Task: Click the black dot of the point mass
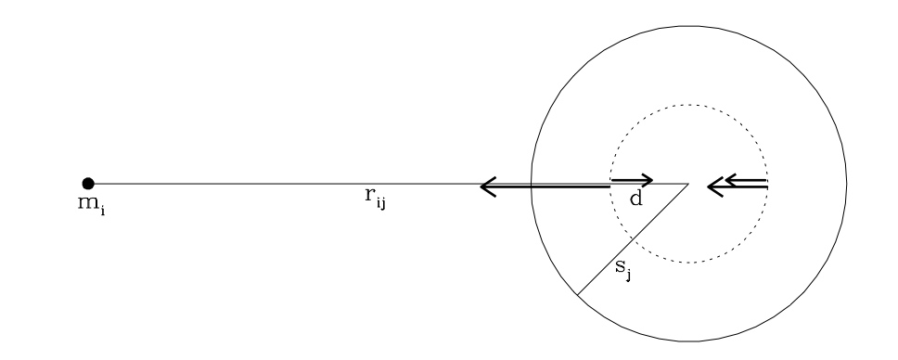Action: click(x=88, y=184)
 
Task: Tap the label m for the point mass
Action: click(x=86, y=201)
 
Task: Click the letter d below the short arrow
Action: click(x=635, y=198)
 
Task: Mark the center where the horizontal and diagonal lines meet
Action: click(x=688, y=184)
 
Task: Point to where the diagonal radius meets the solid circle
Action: click(x=576, y=296)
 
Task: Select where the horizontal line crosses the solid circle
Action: click(x=531, y=184)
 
